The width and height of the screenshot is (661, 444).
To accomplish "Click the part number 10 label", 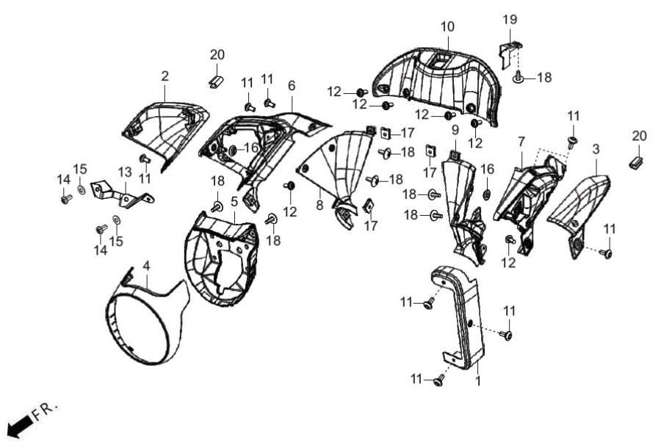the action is pyautogui.click(x=447, y=26).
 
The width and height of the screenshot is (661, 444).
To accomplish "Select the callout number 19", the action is pyautogui.click(x=510, y=19).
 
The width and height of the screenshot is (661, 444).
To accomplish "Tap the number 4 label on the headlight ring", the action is pyautogui.click(x=146, y=266).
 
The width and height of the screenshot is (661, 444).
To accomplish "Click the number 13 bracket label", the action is pyautogui.click(x=125, y=172).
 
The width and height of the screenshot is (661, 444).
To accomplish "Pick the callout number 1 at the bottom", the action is pyautogui.click(x=477, y=381).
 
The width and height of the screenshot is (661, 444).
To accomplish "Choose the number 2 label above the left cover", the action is pyautogui.click(x=165, y=76).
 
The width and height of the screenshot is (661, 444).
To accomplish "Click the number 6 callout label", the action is pyautogui.click(x=292, y=86).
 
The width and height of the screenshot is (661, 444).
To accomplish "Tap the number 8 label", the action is pyautogui.click(x=319, y=205).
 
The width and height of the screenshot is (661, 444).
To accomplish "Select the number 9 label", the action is pyautogui.click(x=455, y=130).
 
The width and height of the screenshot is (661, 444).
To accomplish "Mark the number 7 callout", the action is pyautogui.click(x=521, y=142).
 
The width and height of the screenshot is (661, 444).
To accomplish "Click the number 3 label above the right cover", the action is pyautogui.click(x=596, y=149).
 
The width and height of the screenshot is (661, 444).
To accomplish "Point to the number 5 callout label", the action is pyautogui.click(x=234, y=201).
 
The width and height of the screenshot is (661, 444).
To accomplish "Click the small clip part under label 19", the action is pyautogui.click(x=509, y=54).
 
